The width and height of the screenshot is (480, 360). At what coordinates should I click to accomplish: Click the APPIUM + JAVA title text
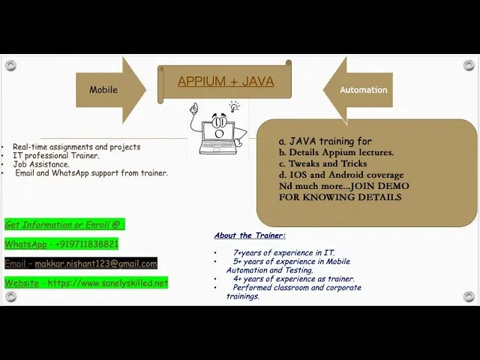click(226, 82)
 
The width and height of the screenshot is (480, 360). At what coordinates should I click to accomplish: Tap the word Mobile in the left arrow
click(103, 90)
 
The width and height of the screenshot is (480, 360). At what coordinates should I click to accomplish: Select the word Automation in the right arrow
click(363, 90)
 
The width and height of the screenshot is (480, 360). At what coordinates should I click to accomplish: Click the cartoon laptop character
click(218, 129)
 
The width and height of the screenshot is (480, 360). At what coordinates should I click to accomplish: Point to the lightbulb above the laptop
click(235, 106)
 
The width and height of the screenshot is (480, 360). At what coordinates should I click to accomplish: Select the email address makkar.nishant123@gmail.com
click(96, 263)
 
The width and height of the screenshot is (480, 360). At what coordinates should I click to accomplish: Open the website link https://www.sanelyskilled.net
click(108, 283)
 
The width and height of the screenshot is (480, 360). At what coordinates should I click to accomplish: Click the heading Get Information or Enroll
click(64, 225)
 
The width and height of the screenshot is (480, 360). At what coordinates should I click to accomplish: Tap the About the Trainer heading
click(250, 235)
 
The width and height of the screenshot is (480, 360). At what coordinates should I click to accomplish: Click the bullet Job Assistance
click(41, 164)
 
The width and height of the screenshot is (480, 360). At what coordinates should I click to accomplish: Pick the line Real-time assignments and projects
click(76, 147)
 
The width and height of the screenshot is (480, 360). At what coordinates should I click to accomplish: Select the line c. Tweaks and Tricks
click(323, 163)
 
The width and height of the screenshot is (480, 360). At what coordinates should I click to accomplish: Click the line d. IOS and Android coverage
click(341, 175)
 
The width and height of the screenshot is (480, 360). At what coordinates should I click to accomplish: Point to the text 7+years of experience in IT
click(283, 253)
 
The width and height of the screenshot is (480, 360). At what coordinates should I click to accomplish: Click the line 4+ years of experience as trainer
click(294, 278)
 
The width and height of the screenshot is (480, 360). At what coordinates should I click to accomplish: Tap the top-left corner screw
click(10, 65)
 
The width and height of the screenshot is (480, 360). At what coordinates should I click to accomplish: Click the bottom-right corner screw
click(469, 296)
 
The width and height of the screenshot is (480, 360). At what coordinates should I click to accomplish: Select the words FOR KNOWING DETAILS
click(340, 196)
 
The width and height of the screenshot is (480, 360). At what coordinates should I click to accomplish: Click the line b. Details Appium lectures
click(337, 152)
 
